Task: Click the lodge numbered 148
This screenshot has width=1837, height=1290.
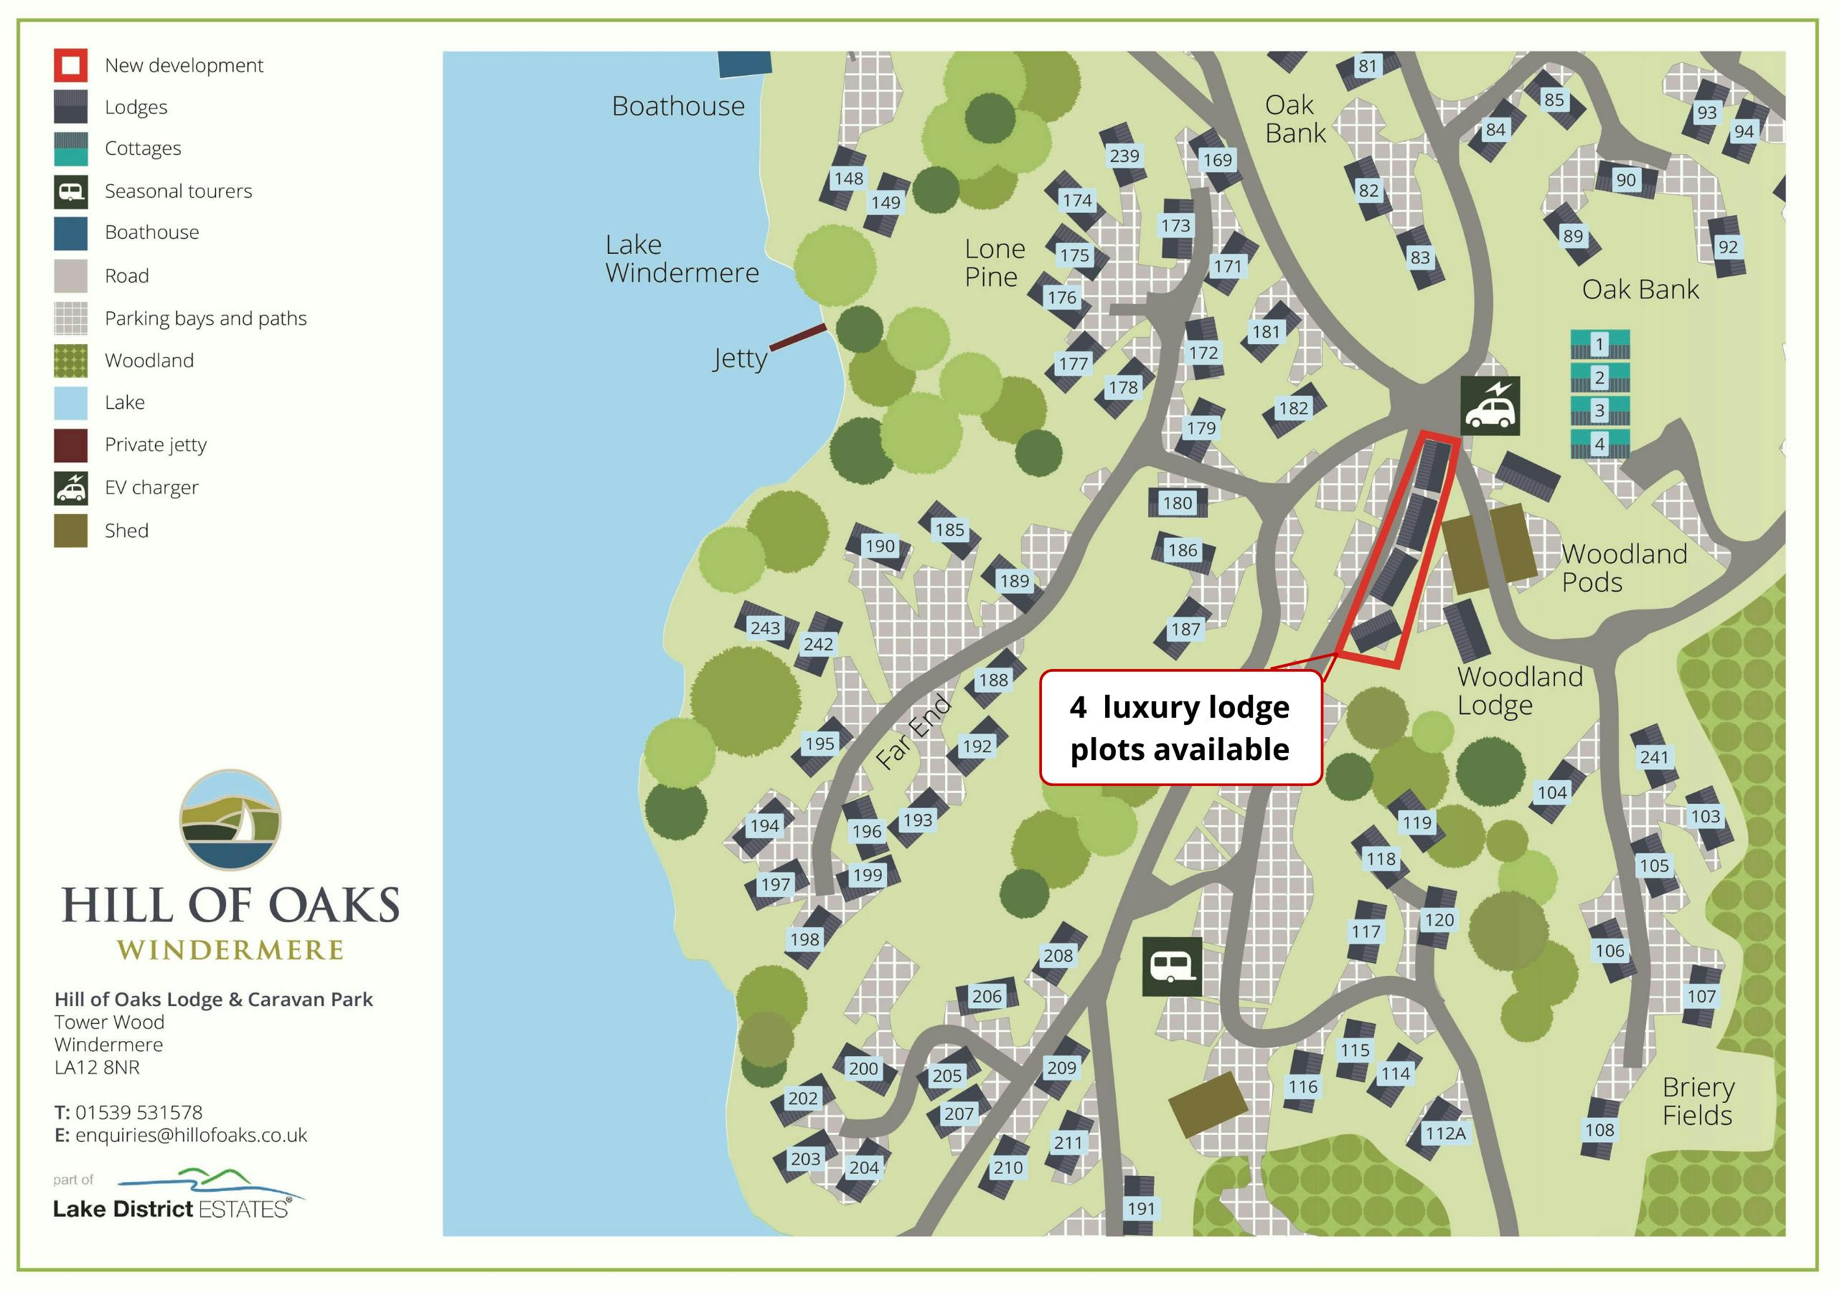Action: [x=848, y=179]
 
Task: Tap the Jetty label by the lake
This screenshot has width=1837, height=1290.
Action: [x=740, y=359]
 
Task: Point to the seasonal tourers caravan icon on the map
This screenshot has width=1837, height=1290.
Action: [x=1171, y=966]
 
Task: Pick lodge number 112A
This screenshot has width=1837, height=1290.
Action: [x=1445, y=1133]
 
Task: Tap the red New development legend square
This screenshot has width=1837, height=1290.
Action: [x=70, y=65]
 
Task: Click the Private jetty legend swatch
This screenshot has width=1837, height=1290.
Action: [x=70, y=445]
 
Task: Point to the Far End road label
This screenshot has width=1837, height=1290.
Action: [x=913, y=732]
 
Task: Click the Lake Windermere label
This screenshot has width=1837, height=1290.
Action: [x=681, y=259]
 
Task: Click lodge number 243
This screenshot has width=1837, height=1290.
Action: [x=765, y=628]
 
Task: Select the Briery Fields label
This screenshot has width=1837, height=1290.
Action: [x=1698, y=1101]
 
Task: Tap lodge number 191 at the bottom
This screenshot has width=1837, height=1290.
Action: [x=1141, y=1208]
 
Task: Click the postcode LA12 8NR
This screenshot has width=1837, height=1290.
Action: [x=97, y=1068]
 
